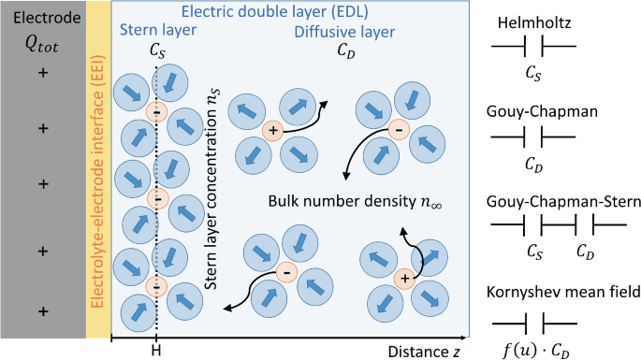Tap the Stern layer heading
(x=157, y=31)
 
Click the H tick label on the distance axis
(x=156, y=349)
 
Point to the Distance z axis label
(x=422, y=350)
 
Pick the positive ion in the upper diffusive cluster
(x=273, y=131)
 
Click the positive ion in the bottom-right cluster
(x=404, y=278)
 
